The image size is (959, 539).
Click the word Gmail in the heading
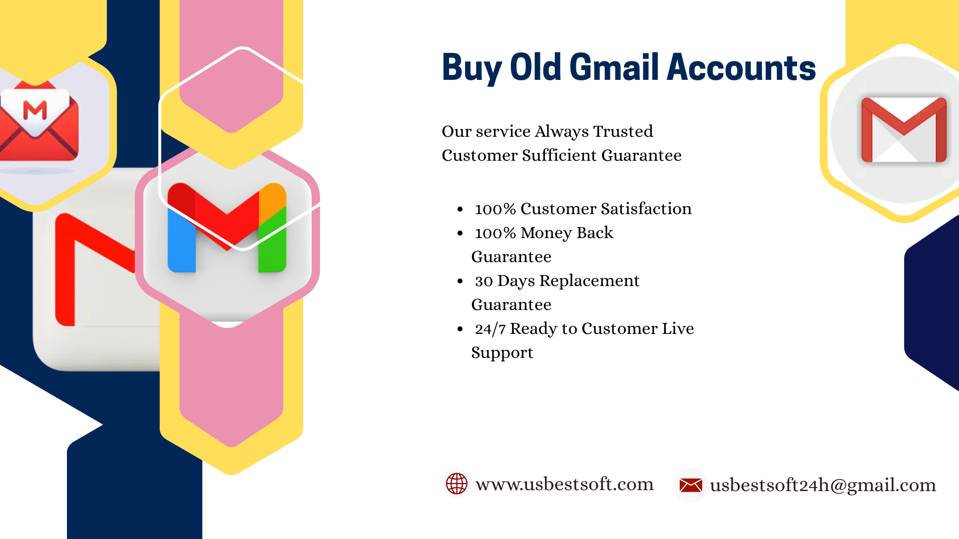click(x=615, y=67)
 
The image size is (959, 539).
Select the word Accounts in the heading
click(x=741, y=67)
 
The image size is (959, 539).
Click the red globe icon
click(x=457, y=484)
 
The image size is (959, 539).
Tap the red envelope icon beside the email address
click(x=691, y=485)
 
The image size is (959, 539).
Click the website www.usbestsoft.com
click(x=564, y=484)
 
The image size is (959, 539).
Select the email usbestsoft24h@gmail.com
click(x=823, y=485)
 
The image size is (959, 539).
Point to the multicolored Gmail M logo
click(x=227, y=227)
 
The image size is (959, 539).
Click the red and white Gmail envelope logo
click(x=904, y=130)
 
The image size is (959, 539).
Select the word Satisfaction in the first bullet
click(x=646, y=209)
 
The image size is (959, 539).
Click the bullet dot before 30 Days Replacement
click(x=461, y=281)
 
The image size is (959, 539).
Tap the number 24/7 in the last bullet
click(x=490, y=329)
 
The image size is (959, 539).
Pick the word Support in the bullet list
click(x=502, y=353)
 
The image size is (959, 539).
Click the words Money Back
click(x=567, y=233)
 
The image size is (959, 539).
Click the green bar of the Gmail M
click(x=272, y=240)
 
